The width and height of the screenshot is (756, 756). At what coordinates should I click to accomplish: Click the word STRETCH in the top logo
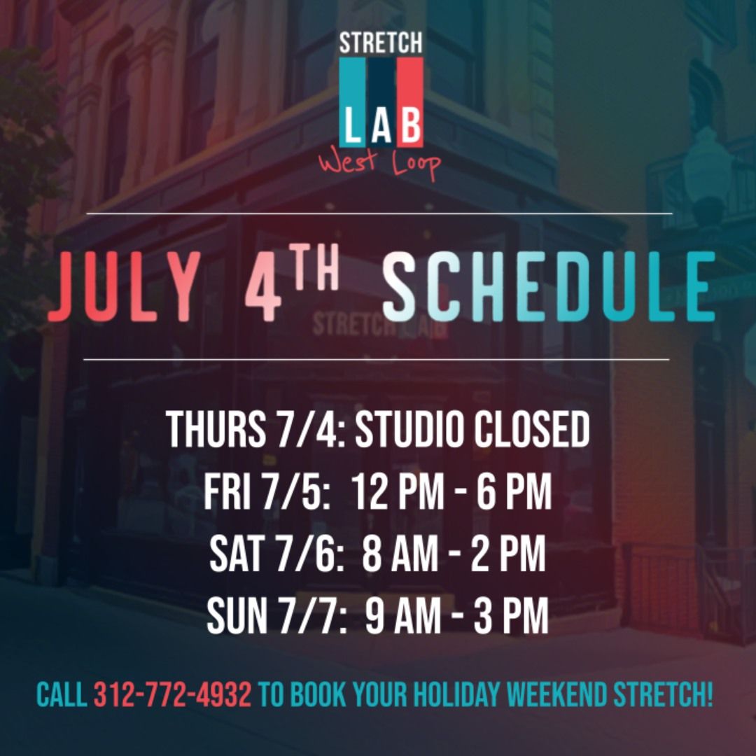(381, 43)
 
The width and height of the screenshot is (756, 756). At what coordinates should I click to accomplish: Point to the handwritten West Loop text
(379, 165)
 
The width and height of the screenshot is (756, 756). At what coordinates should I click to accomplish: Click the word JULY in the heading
(125, 287)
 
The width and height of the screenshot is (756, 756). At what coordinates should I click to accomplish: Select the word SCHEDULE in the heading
(549, 287)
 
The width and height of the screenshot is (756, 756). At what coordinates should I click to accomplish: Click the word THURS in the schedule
(216, 430)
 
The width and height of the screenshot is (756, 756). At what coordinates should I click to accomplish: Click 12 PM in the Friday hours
(398, 491)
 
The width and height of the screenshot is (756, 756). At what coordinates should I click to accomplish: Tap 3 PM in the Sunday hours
(511, 615)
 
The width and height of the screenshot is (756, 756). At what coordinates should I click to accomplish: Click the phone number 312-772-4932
(172, 695)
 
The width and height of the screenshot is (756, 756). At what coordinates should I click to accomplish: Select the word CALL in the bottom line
(62, 695)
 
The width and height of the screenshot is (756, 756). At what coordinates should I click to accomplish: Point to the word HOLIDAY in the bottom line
(456, 695)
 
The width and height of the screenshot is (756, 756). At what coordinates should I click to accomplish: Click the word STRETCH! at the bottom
(663, 695)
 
